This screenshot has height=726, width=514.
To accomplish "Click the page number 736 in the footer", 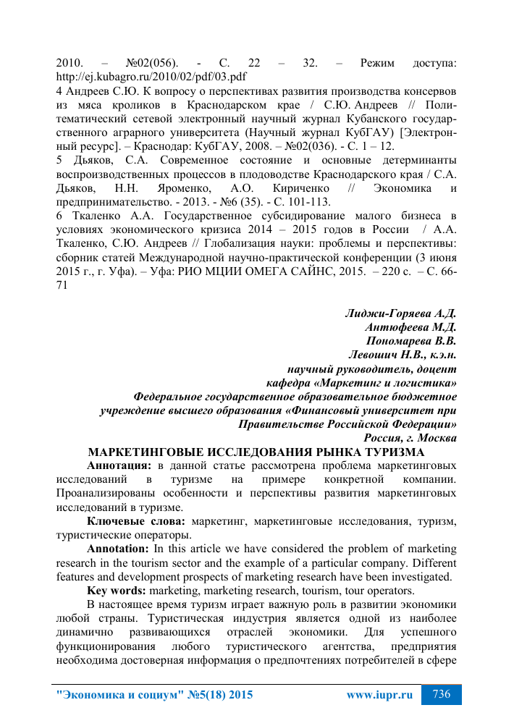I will [442, 694].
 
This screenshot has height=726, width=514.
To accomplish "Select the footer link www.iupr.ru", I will [379, 695].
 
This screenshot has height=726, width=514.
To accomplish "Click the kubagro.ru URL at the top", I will [151, 77].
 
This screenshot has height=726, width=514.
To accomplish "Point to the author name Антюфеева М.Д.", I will [410, 327].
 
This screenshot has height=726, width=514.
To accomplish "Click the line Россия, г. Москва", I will [410, 438].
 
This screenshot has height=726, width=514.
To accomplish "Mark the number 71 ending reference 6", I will [63, 285].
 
